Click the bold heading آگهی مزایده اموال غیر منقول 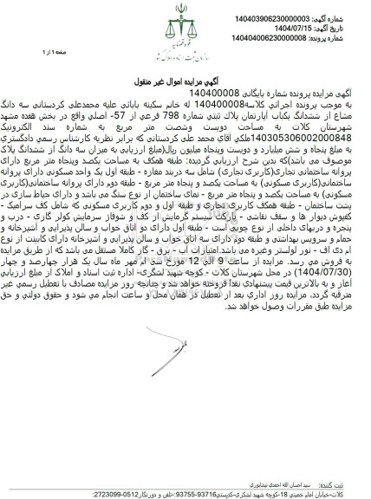pyautogui.click(x=185, y=78)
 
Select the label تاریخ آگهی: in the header pyautogui.click(x=346, y=16)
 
